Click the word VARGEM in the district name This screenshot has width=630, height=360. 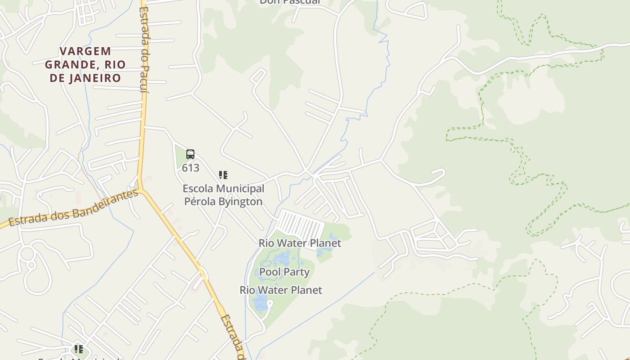point(85,51)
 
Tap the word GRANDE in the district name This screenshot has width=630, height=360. point(67,64)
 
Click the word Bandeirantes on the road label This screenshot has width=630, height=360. point(106,203)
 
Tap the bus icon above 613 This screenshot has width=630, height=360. point(190,155)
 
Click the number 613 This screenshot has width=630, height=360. point(190,168)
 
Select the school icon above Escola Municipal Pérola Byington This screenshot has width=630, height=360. point(223,175)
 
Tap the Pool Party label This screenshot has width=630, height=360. point(284,272)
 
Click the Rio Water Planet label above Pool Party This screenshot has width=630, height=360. point(300,243)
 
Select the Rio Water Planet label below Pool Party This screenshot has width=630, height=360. point(281,290)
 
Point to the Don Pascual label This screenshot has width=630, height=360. point(290,2)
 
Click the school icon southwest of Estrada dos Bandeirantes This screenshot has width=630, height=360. point(78,349)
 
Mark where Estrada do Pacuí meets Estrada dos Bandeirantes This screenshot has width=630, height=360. point(141,189)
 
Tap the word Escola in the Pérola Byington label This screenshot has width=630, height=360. point(197,189)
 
